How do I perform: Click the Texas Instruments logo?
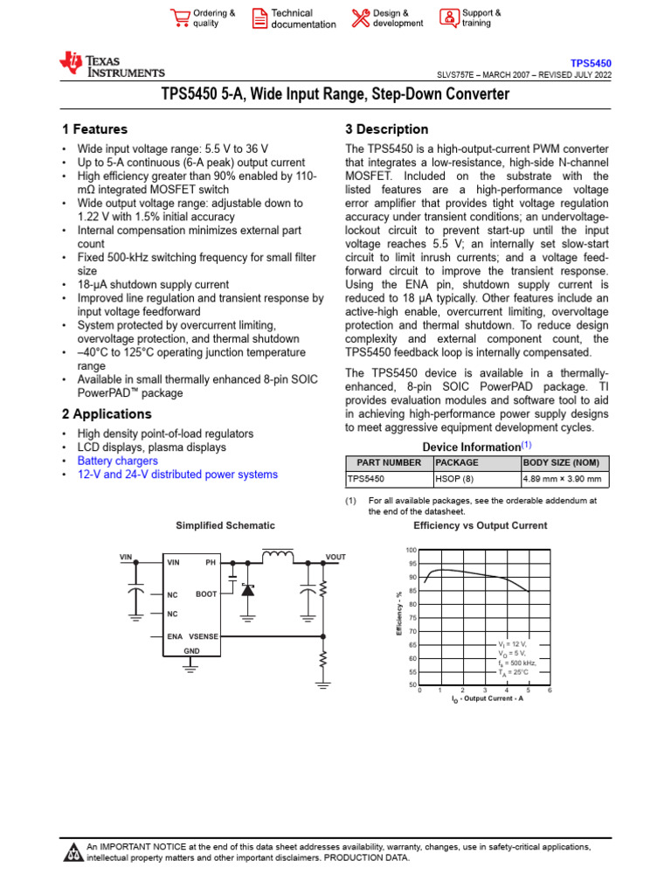click(x=111, y=65)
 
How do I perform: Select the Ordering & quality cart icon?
click(x=181, y=18)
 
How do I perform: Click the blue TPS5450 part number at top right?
click(x=591, y=64)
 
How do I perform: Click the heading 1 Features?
click(x=90, y=129)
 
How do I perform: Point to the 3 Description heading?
click(x=387, y=129)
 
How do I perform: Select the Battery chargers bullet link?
click(x=118, y=461)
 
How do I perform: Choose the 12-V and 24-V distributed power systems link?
click(x=177, y=475)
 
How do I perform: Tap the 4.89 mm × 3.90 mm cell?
click(x=563, y=479)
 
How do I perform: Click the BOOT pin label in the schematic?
click(x=206, y=594)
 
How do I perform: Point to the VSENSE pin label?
click(x=204, y=637)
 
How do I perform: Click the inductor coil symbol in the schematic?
click(x=278, y=554)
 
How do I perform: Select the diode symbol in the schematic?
click(x=247, y=591)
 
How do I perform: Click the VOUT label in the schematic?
click(x=336, y=557)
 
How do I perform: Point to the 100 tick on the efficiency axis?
click(x=412, y=550)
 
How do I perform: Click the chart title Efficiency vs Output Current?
click(x=480, y=525)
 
